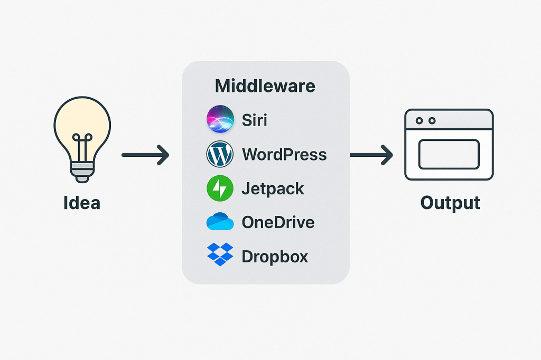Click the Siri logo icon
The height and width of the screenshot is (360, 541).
pyautogui.click(x=220, y=119)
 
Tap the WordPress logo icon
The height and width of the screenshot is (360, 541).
pyautogui.click(x=220, y=154)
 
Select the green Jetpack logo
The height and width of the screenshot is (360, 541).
pyautogui.click(x=220, y=188)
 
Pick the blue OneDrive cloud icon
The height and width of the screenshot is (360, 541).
pyautogui.click(x=220, y=222)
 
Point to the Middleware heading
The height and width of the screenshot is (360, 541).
pyautogui.click(x=265, y=86)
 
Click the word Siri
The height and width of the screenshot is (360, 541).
pyautogui.click(x=255, y=120)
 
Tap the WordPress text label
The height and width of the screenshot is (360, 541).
pyautogui.click(x=284, y=155)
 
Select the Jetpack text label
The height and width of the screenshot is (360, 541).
pyautogui.click(x=273, y=188)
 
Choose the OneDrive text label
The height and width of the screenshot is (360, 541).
pyautogui.click(x=278, y=222)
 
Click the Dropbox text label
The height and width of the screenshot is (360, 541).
pyautogui.click(x=275, y=257)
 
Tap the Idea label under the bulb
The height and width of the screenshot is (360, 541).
pyautogui.click(x=82, y=203)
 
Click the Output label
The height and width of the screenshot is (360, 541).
pyautogui.click(x=450, y=203)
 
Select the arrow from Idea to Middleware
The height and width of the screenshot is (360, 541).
pyautogui.click(x=145, y=155)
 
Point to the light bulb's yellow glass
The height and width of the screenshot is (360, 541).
pyautogui.click(x=82, y=124)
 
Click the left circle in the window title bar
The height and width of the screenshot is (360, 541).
pyautogui.click(x=419, y=121)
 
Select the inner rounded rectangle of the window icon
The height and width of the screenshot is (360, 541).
pyautogui.click(x=449, y=154)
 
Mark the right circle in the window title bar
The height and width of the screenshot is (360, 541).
pyautogui.click(x=432, y=121)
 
